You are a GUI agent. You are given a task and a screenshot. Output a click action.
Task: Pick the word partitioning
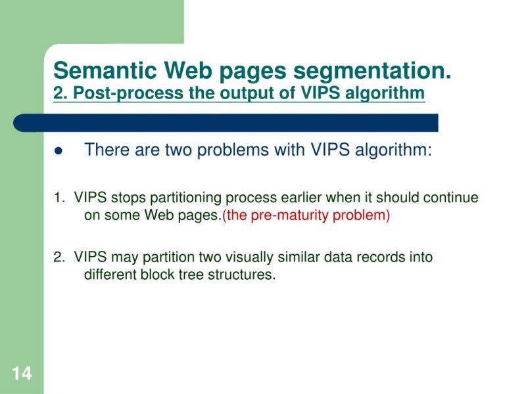coord(187,198)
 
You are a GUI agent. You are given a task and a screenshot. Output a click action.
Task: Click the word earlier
coord(302,198)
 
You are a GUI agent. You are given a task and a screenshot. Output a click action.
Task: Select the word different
coord(110,274)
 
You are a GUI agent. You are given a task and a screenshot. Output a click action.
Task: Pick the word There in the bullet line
coord(107,150)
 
